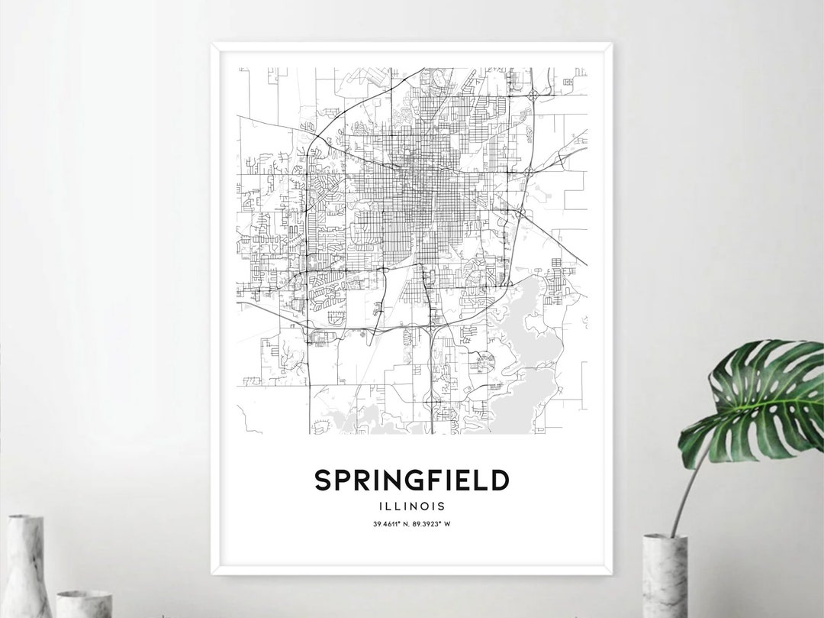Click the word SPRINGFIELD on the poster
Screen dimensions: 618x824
point(411,480)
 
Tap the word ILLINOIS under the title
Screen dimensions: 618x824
point(411,506)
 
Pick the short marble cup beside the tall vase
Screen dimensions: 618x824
point(83,603)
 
